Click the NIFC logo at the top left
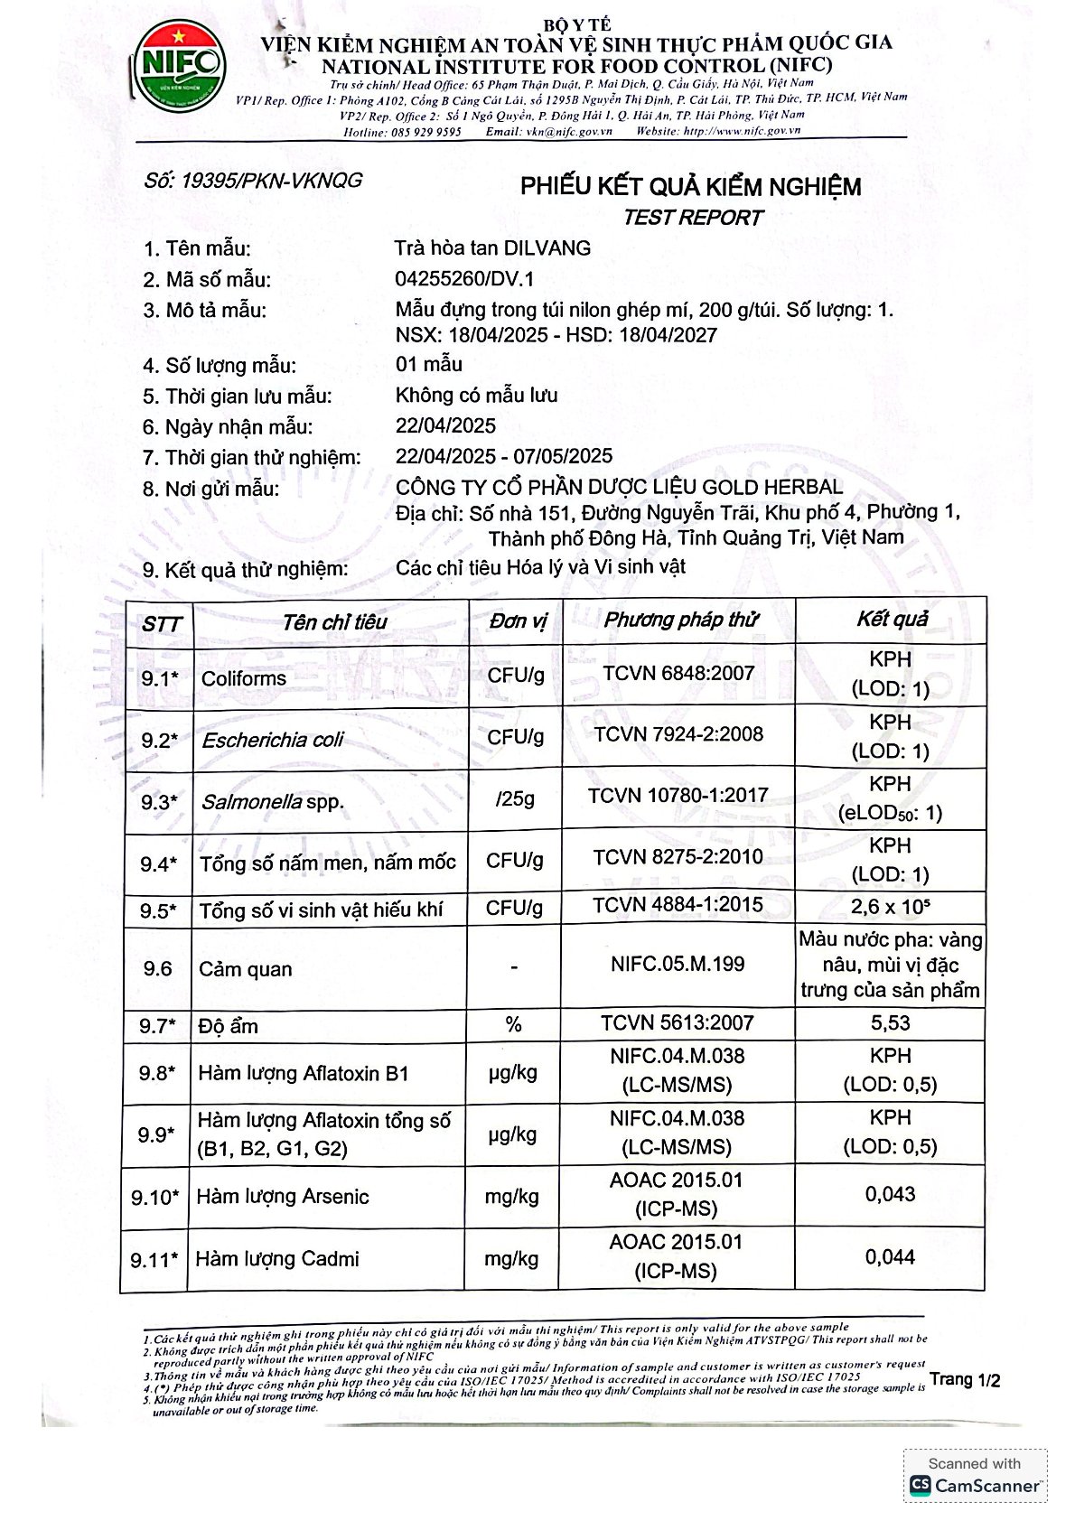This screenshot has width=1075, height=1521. point(180,66)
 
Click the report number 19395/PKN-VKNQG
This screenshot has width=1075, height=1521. point(253,180)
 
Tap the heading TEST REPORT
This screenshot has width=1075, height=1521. point(693,218)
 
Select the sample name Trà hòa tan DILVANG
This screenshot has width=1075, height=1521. point(492,247)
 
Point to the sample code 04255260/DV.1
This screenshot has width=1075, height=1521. point(464,278)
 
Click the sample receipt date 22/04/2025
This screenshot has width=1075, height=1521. point(445,425)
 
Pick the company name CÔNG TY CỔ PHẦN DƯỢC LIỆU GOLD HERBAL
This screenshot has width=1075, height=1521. point(619,488)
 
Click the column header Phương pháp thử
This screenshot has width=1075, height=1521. point(680,620)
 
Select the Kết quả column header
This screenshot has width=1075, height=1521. point(892,619)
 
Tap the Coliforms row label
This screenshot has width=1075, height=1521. point(244,678)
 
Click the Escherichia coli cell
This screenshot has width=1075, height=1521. point(273,740)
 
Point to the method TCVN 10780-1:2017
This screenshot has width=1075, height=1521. point(678,795)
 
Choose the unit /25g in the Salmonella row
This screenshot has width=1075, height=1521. point(515,798)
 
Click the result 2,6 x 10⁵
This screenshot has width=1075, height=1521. point(890,906)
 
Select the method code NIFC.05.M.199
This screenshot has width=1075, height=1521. point(678,964)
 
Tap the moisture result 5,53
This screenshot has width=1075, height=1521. point(890,1022)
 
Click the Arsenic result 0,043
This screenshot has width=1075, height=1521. point(890,1194)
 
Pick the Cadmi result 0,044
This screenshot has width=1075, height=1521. point(890,1256)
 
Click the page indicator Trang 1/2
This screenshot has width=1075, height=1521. point(965,1379)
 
